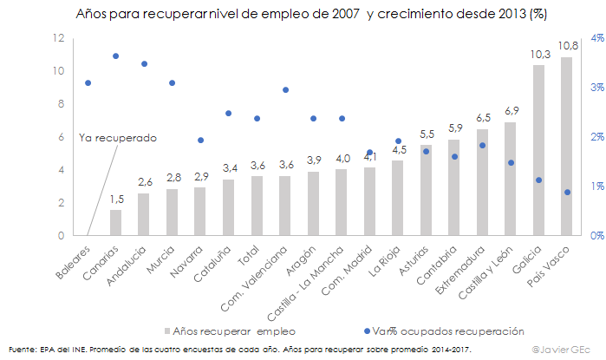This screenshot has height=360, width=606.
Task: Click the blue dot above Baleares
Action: [88, 82]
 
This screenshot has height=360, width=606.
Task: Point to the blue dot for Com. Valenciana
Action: [285, 89]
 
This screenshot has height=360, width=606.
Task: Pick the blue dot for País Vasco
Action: [567, 192]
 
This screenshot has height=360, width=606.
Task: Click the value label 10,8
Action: [568, 46]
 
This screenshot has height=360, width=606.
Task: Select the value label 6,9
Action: [512, 110]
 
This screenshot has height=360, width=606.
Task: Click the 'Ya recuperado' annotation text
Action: [117, 137]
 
